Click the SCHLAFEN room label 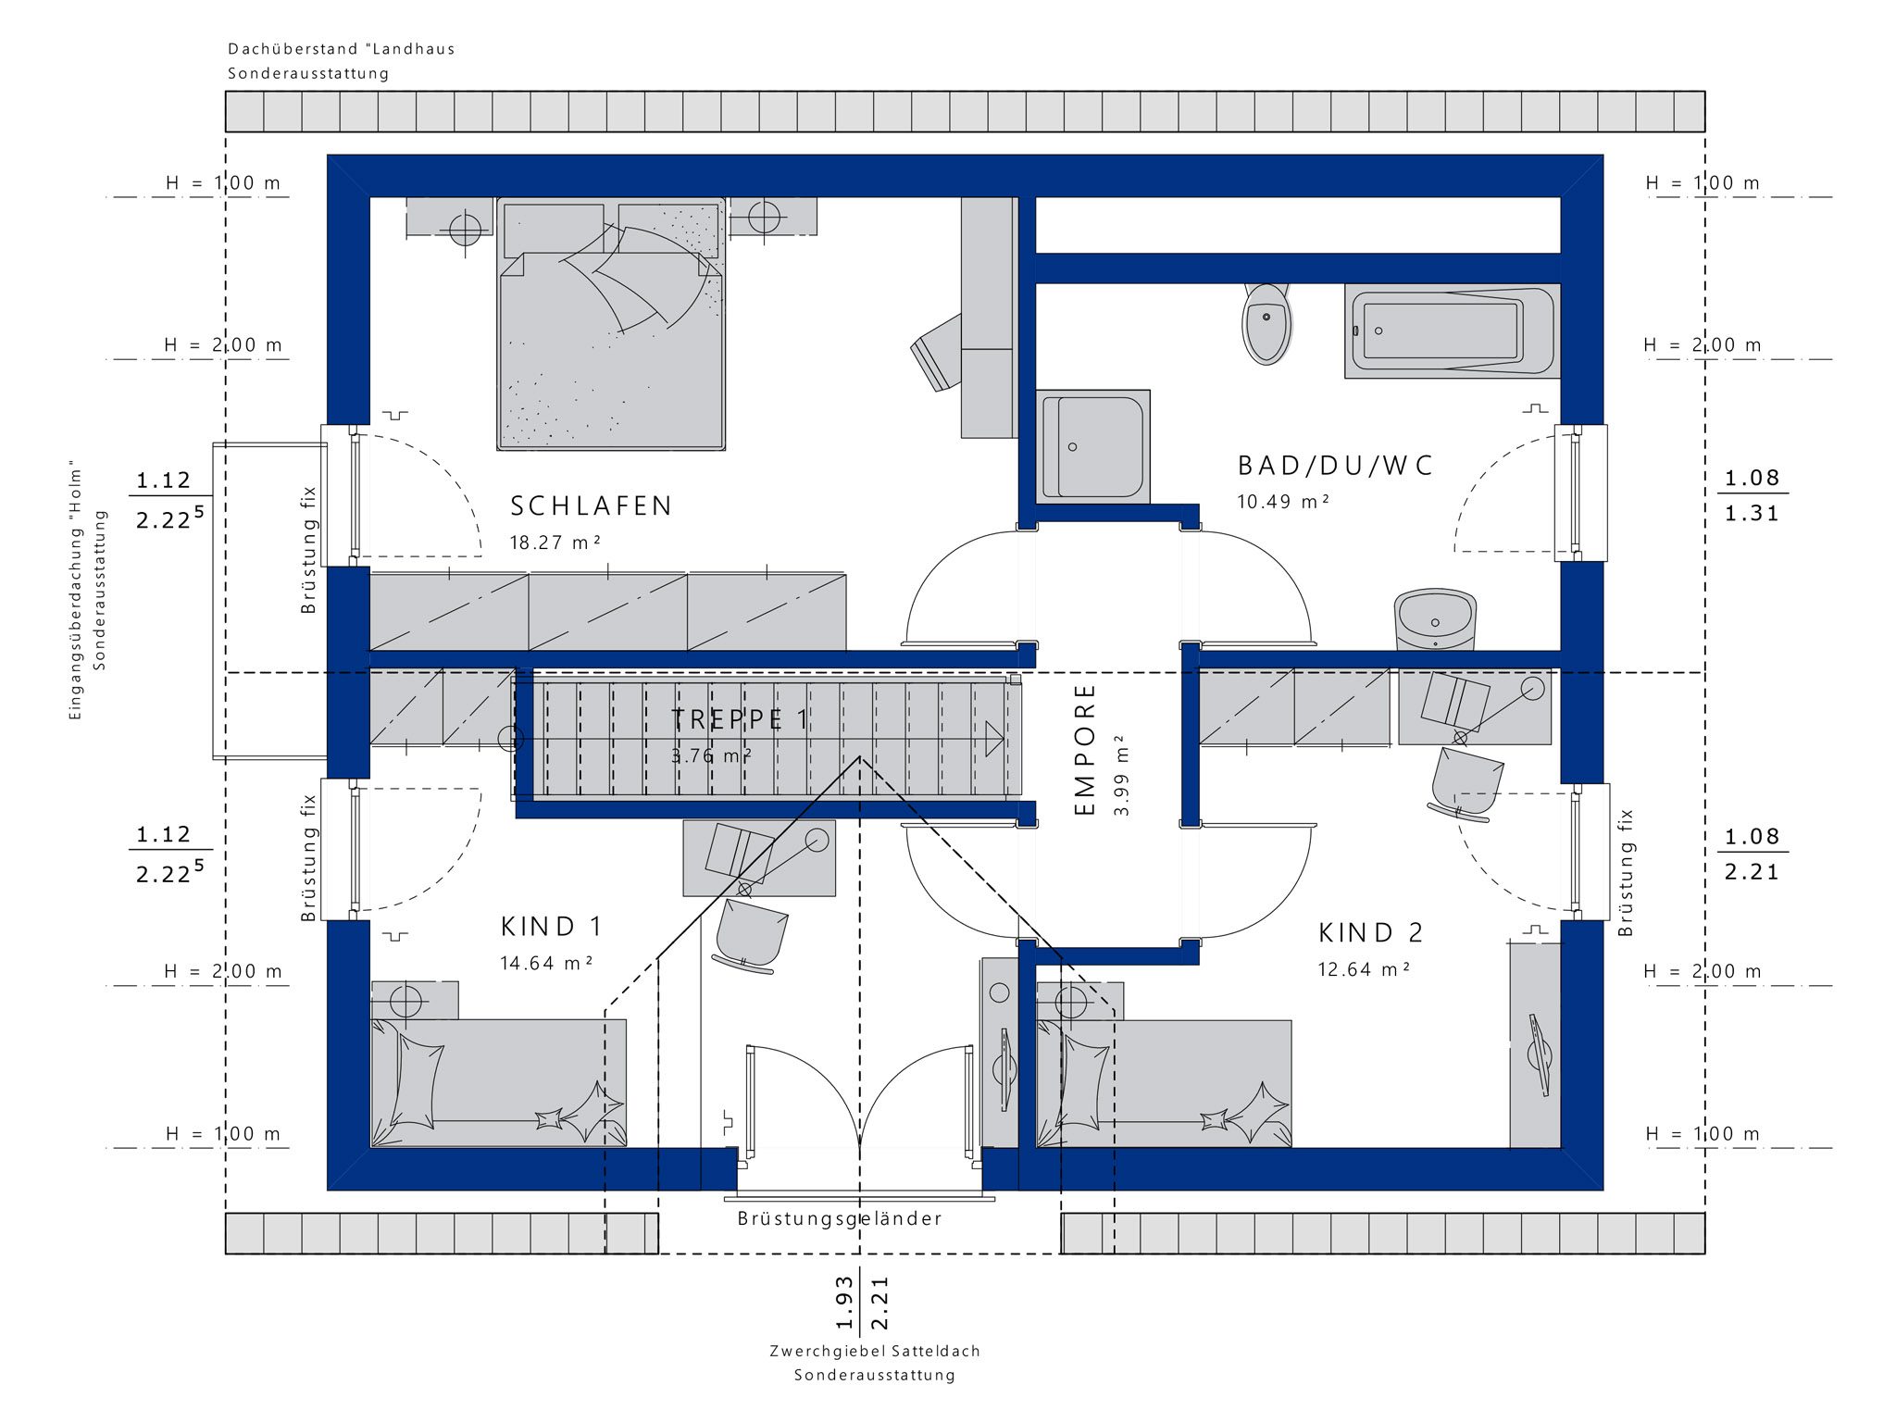point(592,505)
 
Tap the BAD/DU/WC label point(1335,466)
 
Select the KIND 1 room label point(552,926)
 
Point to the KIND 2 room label point(1370,932)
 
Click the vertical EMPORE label point(1085,749)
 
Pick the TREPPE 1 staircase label point(740,719)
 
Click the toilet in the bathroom point(1266,323)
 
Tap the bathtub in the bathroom point(1452,331)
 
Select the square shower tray point(1092,447)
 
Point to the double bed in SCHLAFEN point(611,323)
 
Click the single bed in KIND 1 point(498,1083)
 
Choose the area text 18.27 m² point(555,543)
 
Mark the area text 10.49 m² point(1283,502)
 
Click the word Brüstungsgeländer point(841,1218)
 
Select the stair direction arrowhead point(994,739)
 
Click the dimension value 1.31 point(1752,514)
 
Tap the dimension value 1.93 point(843,1303)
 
